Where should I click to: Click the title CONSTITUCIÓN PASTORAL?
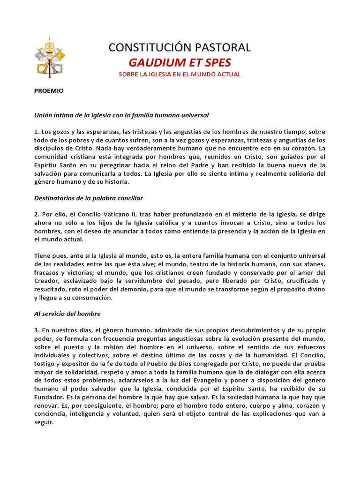(x=180, y=47)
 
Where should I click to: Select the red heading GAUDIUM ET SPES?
(x=180, y=63)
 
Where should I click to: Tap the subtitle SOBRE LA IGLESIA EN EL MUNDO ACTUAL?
(x=180, y=75)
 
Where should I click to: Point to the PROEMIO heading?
(x=49, y=91)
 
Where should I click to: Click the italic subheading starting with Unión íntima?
(x=121, y=114)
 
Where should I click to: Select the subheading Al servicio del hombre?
(x=67, y=314)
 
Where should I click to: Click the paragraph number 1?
(x=36, y=132)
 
